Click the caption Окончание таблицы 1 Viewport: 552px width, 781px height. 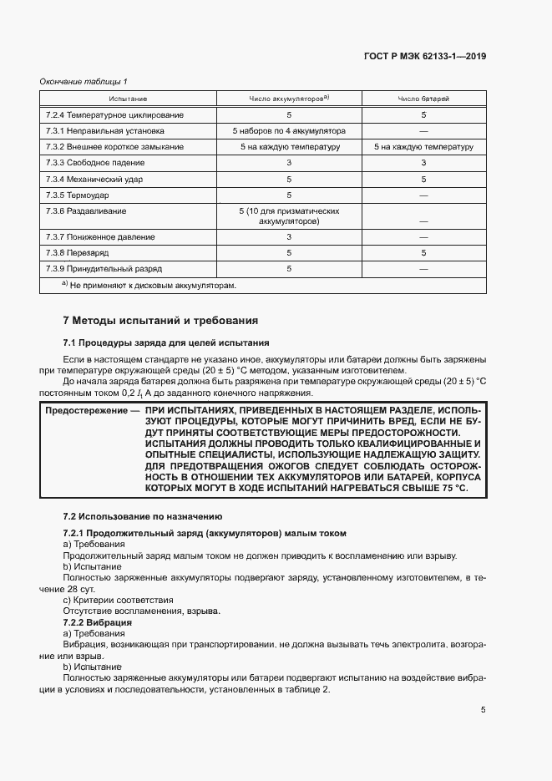(84, 81)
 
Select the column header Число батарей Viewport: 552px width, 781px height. (423, 99)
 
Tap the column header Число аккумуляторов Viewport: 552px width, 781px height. (289, 99)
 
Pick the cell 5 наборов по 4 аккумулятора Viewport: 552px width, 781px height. (289, 131)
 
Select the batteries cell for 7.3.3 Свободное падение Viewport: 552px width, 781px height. (423, 163)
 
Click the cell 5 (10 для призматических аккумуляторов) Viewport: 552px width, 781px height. (289, 216)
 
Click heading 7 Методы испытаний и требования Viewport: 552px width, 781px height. (160, 320)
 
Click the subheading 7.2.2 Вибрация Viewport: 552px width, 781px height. (98, 623)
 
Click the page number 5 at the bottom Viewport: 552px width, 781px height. (483, 710)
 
